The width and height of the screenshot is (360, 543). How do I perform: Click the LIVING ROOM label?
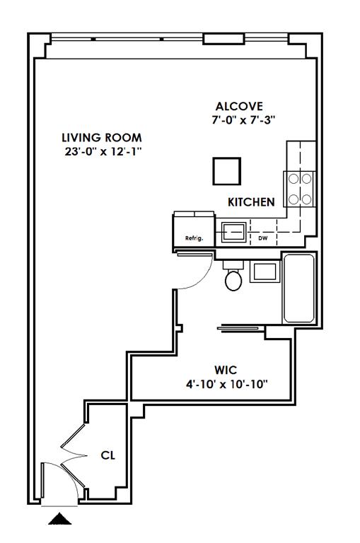pos(102,137)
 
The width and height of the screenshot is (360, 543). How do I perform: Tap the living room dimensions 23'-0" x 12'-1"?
pos(103,152)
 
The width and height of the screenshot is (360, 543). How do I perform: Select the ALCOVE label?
pos(239,106)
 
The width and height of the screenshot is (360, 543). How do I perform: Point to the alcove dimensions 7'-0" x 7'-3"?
pos(243,120)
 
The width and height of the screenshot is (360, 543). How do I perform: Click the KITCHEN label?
pos(251,202)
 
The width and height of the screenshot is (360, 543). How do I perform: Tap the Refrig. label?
pos(194,238)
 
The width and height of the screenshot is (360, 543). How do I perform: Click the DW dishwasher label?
pos(263,238)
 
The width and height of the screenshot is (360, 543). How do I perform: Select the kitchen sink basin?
pos(234,232)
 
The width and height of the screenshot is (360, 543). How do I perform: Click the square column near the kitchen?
pos(226,171)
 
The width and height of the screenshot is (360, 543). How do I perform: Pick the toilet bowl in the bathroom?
pos(233,280)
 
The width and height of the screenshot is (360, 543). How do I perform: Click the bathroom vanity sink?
pos(265,271)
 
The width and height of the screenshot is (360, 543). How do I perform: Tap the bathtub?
pos(298,288)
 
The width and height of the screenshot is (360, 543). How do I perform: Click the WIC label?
pos(226,370)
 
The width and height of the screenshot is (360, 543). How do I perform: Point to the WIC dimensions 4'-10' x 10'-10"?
pos(227,384)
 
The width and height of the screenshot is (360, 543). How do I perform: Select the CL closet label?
pos(108,455)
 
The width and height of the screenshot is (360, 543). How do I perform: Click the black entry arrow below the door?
pos(59,518)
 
